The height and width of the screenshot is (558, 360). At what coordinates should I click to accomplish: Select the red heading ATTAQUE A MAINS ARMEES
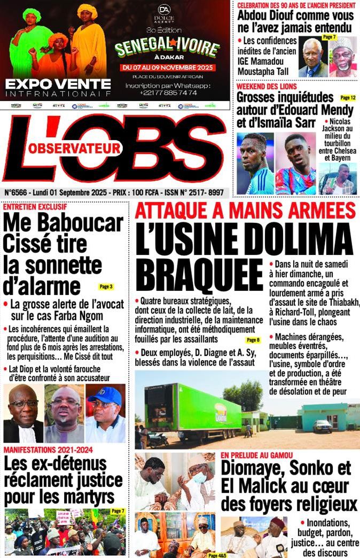245,211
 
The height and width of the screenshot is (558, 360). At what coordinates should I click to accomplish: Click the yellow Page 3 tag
106,286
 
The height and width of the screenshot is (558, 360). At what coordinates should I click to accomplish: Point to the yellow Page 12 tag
348,98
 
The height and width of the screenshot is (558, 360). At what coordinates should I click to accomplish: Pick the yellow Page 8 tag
253,340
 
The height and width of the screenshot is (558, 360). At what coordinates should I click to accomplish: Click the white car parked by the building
322,425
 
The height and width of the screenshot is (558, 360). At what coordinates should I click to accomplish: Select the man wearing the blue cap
106,412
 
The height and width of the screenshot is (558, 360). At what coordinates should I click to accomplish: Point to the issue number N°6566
18,191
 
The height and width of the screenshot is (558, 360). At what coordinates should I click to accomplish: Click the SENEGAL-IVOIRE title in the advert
167,49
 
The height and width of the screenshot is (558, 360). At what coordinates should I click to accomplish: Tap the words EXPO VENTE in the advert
58,84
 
